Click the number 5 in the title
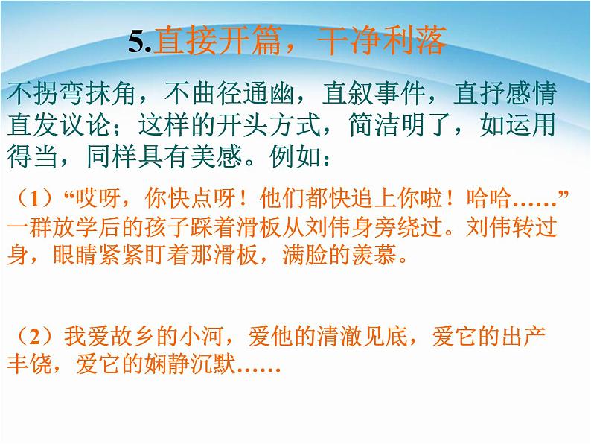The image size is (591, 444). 135,43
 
